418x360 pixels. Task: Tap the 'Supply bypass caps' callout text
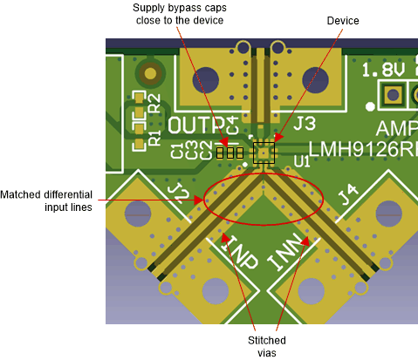(179, 14)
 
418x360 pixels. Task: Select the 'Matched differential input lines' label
(51, 200)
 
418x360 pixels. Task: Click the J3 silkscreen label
(305, 125)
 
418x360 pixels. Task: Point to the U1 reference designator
(302, 161)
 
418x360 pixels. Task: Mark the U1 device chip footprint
(264, 153)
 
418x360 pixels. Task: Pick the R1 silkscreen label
(154, 135)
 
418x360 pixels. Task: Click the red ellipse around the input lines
(264, 196)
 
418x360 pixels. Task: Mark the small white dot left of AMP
(371, 106)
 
